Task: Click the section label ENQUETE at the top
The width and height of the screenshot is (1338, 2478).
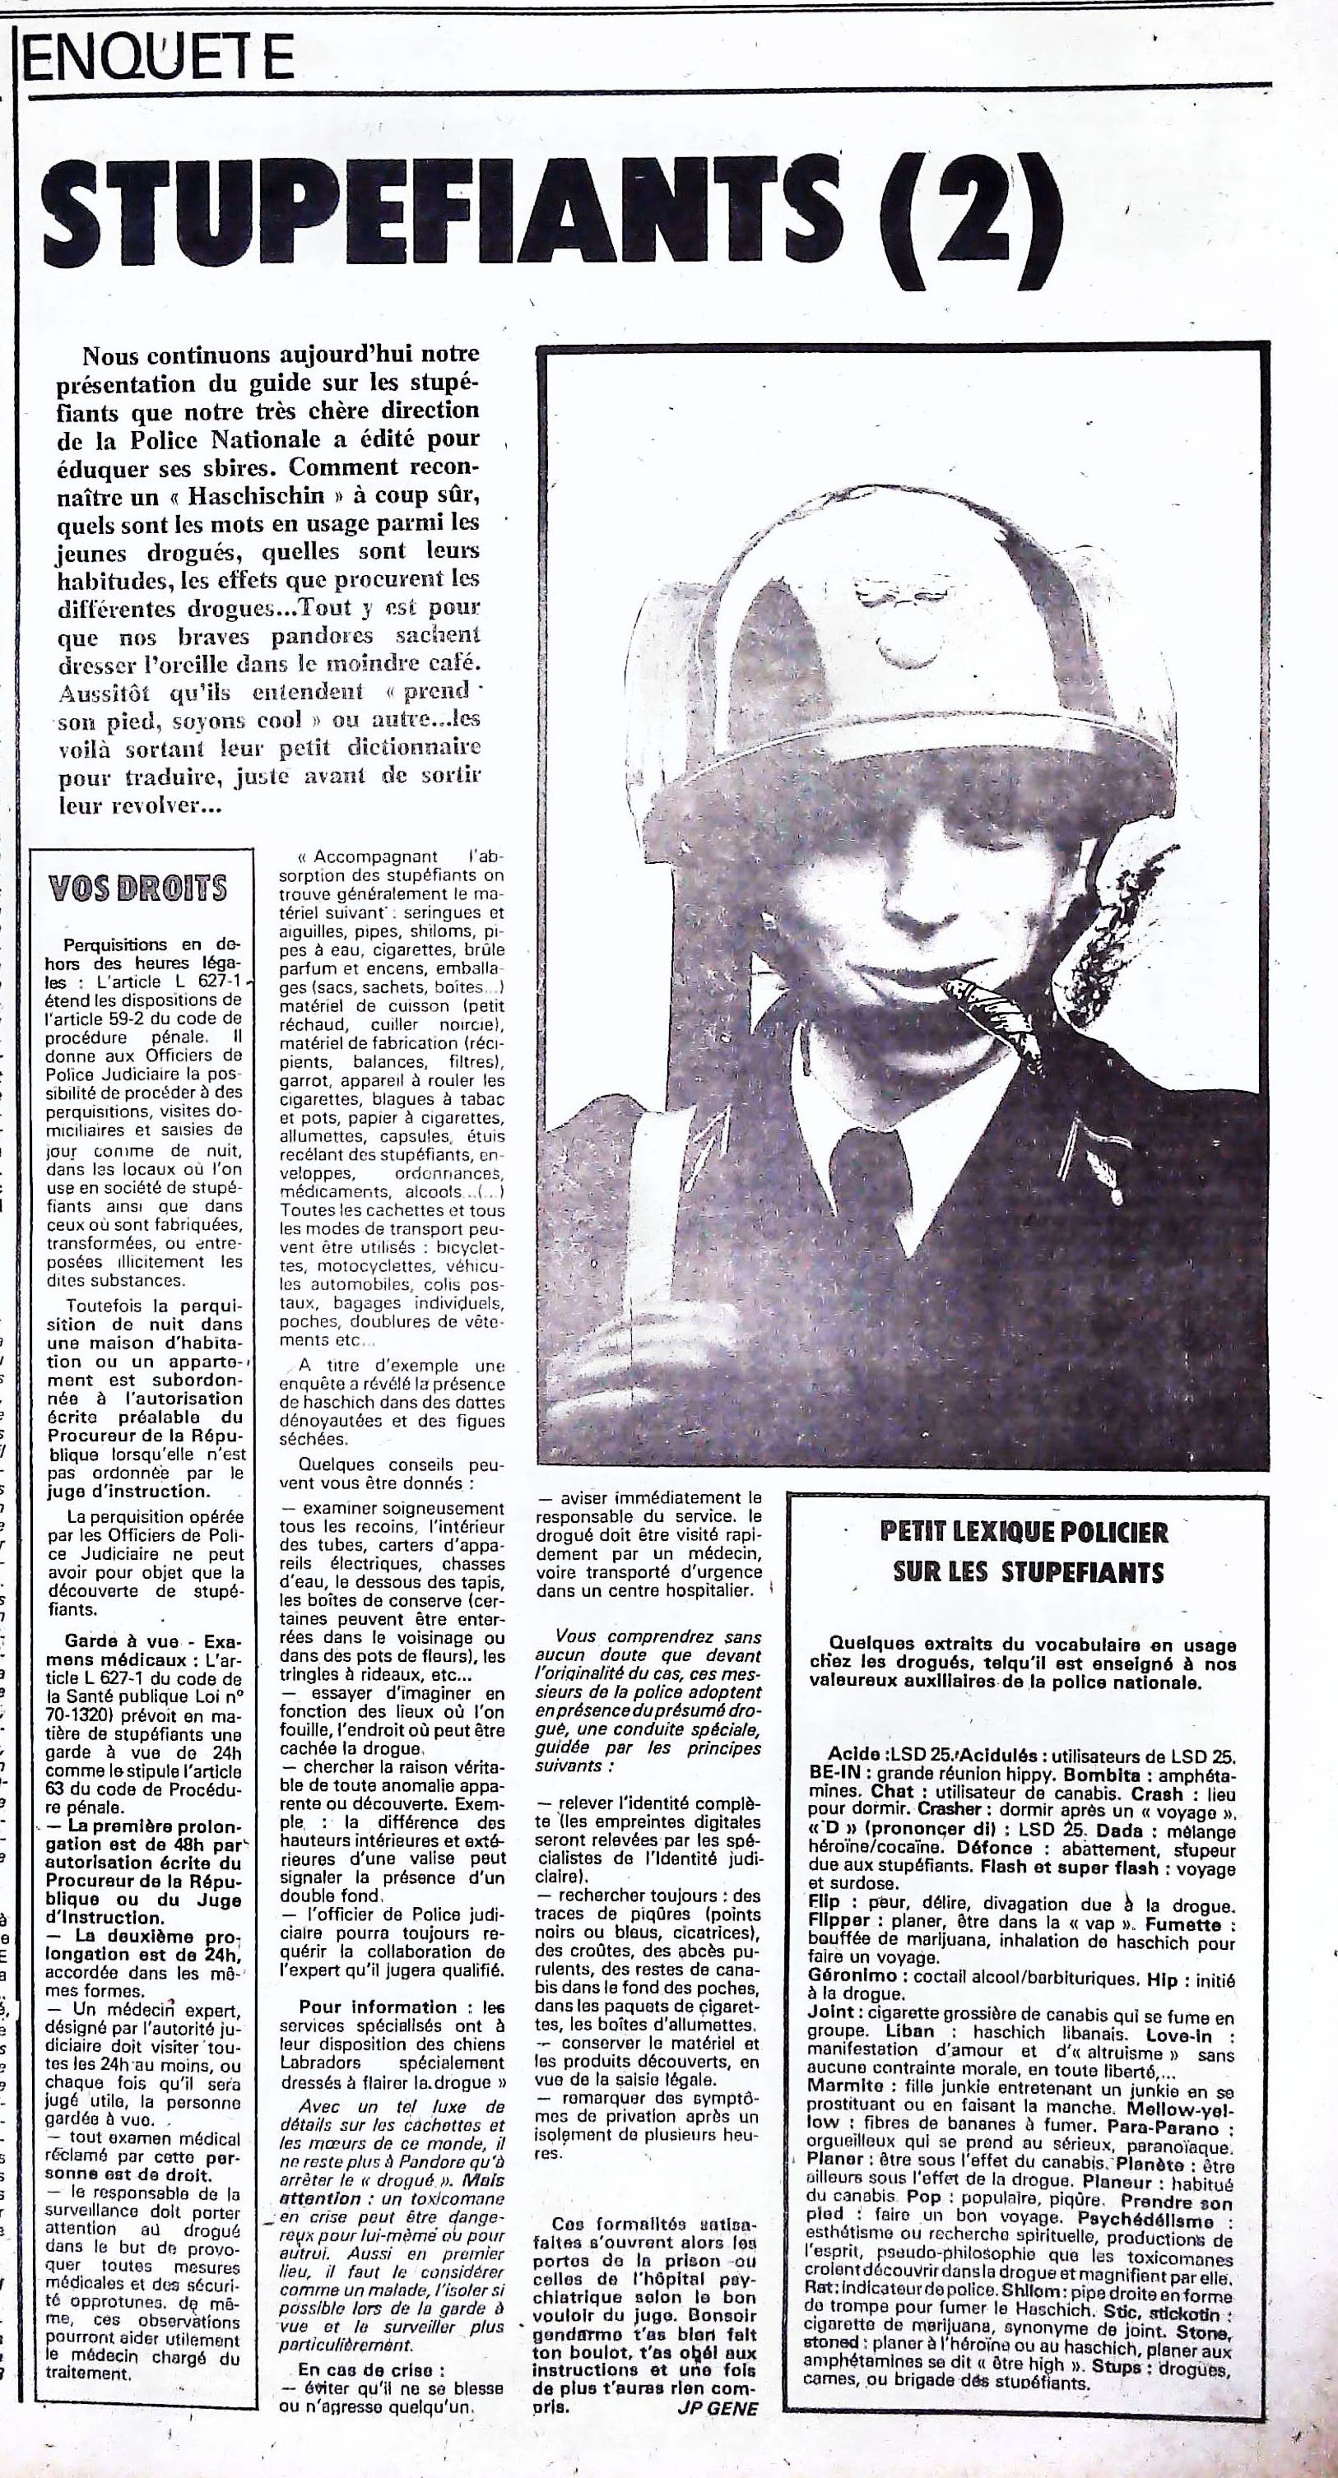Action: tap(159, 58)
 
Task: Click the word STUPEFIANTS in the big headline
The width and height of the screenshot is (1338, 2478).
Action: tap(443, 217)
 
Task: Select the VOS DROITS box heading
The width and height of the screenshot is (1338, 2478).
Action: tap(138, 887)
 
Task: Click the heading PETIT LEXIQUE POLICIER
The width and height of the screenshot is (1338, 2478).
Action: tap(1024, 1531)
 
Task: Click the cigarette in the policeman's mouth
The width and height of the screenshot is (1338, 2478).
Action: tap(991, 1015)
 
